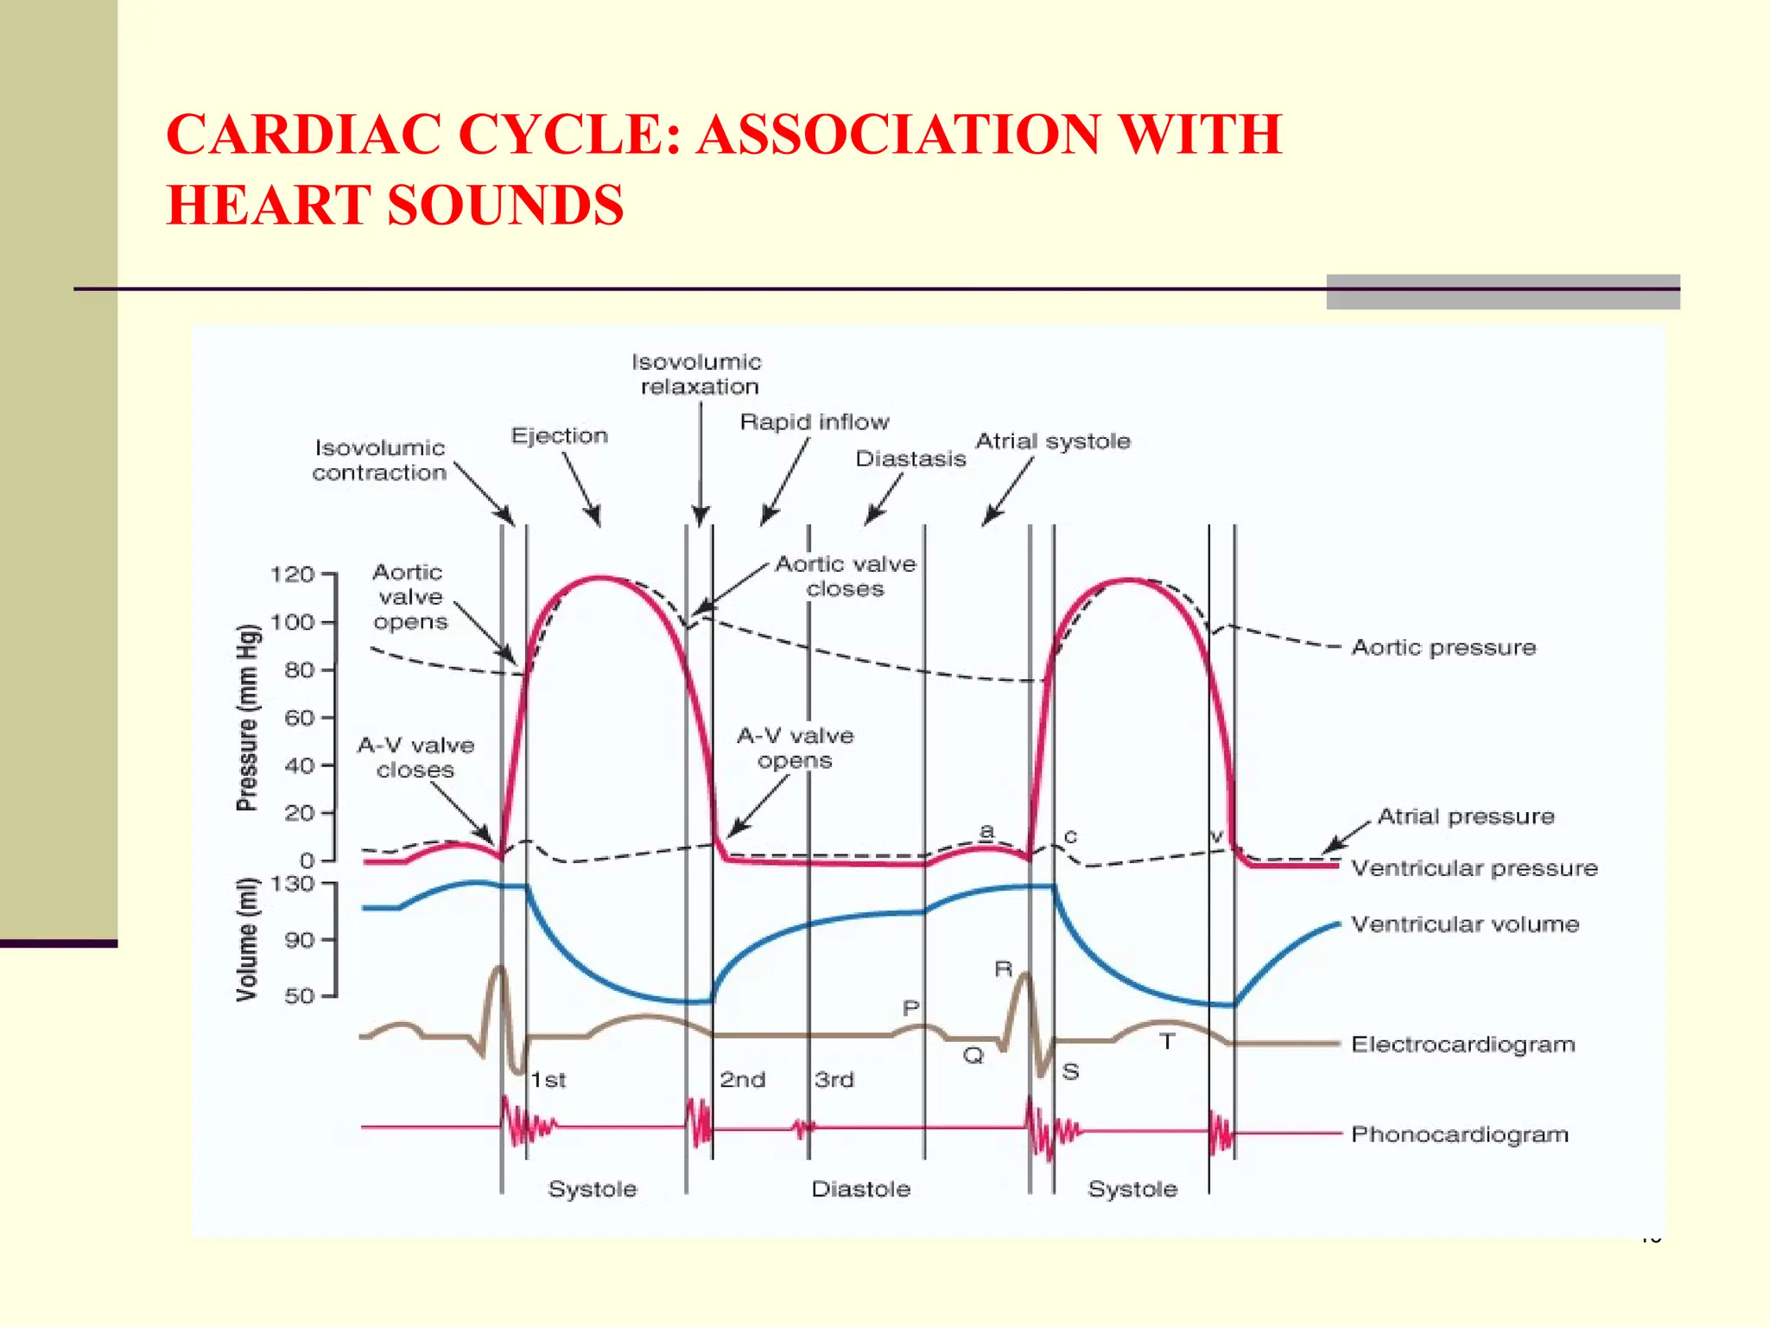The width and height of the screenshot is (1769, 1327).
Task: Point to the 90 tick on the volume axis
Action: coord(300,940)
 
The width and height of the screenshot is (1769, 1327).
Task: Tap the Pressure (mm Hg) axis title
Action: coord(247,717)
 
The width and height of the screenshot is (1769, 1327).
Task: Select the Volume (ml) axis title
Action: coord(247,940)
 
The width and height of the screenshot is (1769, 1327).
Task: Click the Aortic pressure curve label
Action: coord(1443,647)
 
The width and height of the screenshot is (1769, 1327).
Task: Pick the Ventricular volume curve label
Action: coord(1465,924)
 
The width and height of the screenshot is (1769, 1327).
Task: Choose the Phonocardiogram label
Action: coord(1460,1134)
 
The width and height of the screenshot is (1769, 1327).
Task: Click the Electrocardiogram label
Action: coord(1463,1044)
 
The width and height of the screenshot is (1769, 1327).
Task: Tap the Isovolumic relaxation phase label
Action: coord(697,374)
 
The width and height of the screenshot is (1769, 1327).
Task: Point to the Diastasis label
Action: coord(910,459)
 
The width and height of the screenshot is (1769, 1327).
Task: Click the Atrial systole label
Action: coord(1053,441)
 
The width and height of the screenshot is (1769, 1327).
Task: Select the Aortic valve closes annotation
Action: coord(845,576)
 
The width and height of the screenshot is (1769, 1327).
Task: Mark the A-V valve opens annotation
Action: coord(795,748)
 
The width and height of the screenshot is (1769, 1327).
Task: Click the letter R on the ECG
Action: coord(1003,969)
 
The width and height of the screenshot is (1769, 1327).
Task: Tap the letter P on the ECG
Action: coord(910,1008)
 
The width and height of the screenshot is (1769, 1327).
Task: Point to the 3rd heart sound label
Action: coord(834,1080)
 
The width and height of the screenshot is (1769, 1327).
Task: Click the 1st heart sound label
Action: coord(548,1080)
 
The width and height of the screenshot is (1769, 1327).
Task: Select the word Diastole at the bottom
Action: coord(860,1190)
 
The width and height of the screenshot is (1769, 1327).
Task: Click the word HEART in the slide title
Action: coord(269,206)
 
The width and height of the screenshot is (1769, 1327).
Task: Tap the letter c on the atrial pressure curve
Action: coord(1070,836)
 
